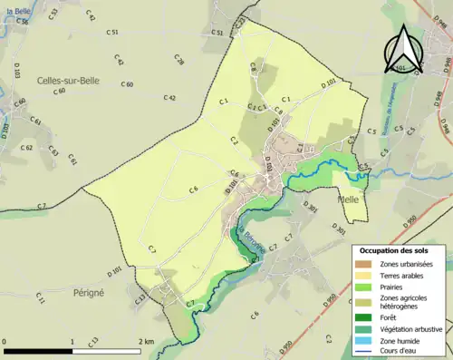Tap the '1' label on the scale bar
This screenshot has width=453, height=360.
[x=72, y=341]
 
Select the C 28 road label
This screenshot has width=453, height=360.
[x=178, y=61]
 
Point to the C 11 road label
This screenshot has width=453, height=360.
[x=40, y=297]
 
